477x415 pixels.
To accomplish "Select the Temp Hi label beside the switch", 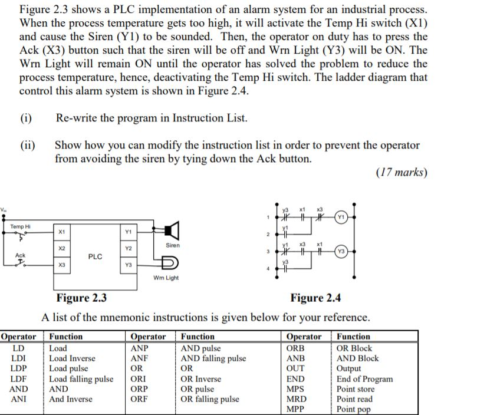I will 21,226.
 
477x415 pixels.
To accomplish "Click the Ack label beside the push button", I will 20,255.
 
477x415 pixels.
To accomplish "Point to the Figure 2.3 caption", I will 81,298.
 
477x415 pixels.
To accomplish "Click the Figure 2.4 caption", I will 315,298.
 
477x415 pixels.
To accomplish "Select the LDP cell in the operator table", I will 18,368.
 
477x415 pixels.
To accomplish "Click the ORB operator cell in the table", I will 296,348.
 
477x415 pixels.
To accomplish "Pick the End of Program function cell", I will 364,379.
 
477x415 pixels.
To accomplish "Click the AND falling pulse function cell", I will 213,358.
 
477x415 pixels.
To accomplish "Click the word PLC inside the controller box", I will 95,256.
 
